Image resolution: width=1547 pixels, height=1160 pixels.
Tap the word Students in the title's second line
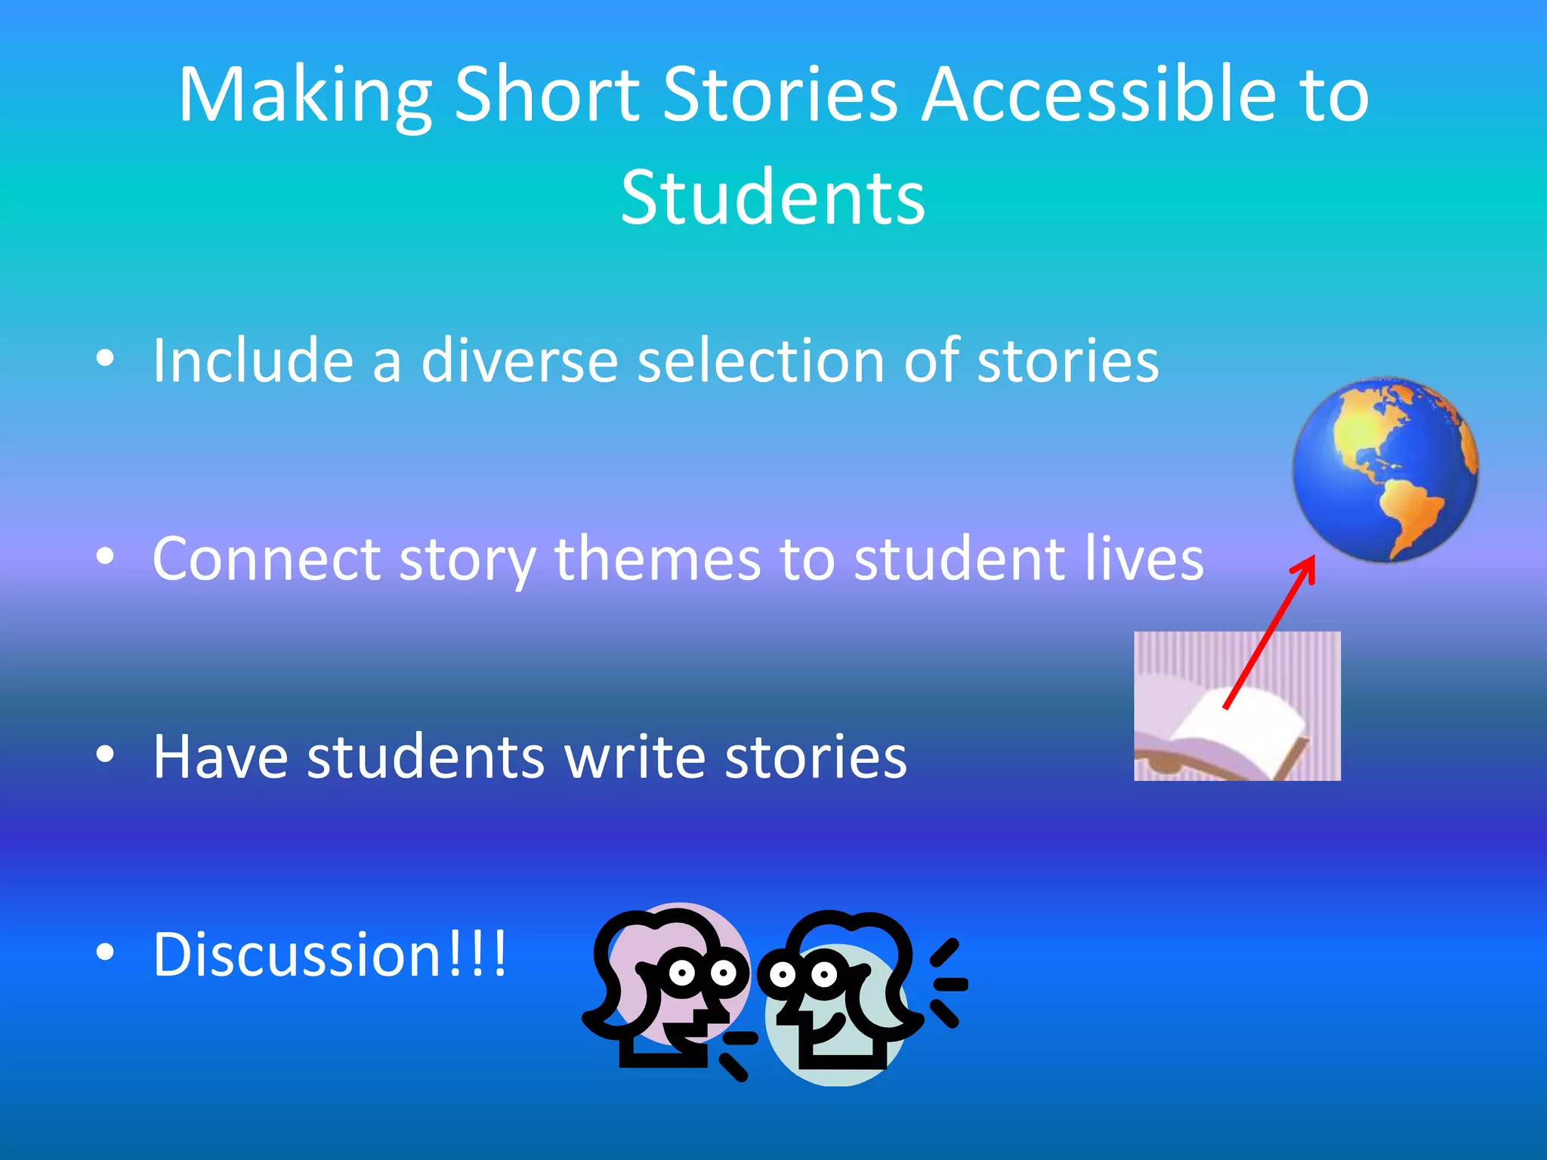point(773,198)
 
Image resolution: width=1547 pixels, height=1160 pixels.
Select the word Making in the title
point(304,95)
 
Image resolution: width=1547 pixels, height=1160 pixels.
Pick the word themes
point(657,560)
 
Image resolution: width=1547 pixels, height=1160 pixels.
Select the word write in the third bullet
point(635,757)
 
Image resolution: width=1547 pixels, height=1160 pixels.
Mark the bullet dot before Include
point(106,359)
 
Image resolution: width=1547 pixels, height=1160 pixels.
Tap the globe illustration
point(1385,470)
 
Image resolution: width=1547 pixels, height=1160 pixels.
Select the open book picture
point(1237,707)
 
